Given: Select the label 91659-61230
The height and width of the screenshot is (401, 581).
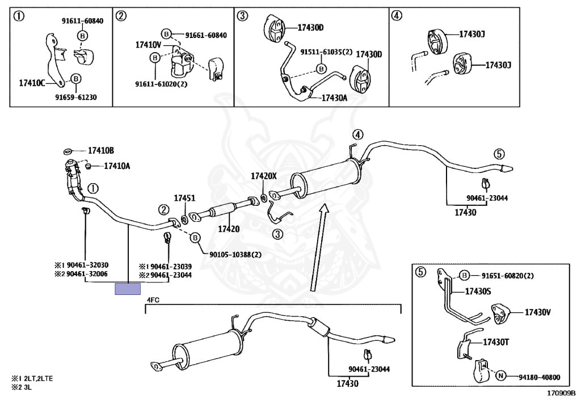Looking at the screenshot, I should (75, 97).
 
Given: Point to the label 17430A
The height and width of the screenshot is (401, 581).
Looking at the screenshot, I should (334, 98).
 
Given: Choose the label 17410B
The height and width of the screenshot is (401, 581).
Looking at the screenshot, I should (100, 151).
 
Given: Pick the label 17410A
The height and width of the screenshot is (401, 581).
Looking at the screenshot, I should (117, 166).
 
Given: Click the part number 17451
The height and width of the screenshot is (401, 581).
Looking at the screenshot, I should (184, 199).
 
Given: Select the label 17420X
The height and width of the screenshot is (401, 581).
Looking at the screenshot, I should (264, 176).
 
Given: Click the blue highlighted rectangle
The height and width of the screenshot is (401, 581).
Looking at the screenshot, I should (128, 289).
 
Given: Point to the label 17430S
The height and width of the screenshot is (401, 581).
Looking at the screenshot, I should (478, 292).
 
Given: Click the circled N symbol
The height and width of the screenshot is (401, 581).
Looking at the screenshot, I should (500, 376).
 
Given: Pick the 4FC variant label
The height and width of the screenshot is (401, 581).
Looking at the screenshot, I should (153, 299).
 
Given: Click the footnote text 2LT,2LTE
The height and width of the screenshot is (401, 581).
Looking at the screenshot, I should (37, 378).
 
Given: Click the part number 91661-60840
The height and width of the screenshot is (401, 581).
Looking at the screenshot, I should (201, 35).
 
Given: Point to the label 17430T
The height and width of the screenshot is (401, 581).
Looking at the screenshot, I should (496, 342).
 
